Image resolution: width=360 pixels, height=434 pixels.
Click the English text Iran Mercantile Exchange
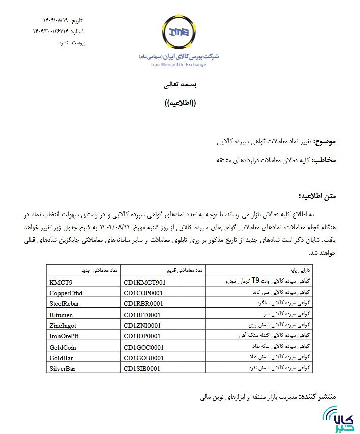coord(178,65)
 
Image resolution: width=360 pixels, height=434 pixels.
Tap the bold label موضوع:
coord(325,141)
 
